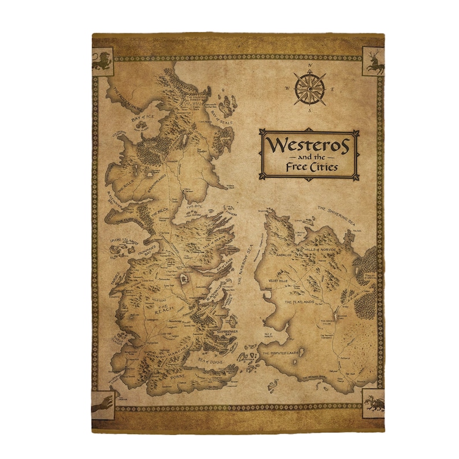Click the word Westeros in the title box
tap(306, 144)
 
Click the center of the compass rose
tap(309, 88)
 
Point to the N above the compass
tap(309, 66)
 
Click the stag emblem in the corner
tap(372, 60)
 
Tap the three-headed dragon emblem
tap(373, 400)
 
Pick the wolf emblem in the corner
tap(102, 401)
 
